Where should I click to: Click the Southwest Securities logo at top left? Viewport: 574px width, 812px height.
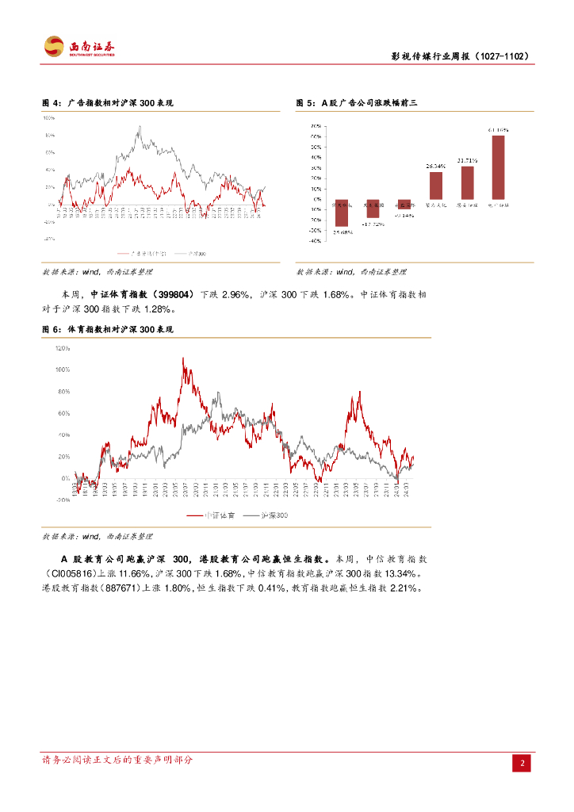(78, 47)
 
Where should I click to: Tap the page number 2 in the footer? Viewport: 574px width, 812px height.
(522, 763)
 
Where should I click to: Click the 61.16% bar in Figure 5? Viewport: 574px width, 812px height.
(498, 167)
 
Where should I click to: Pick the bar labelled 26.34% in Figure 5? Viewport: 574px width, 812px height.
(436, 186)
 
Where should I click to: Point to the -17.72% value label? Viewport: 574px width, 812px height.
(373, 224)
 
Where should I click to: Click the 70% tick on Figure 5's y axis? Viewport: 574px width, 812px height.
(315, 127)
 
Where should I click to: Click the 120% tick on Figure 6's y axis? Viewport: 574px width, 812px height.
(63, 348)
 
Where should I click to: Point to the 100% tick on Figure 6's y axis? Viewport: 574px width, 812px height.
(63, 370)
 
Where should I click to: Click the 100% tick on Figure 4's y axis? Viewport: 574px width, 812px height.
(49, 119)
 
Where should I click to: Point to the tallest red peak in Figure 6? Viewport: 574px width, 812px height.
(183, 358)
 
